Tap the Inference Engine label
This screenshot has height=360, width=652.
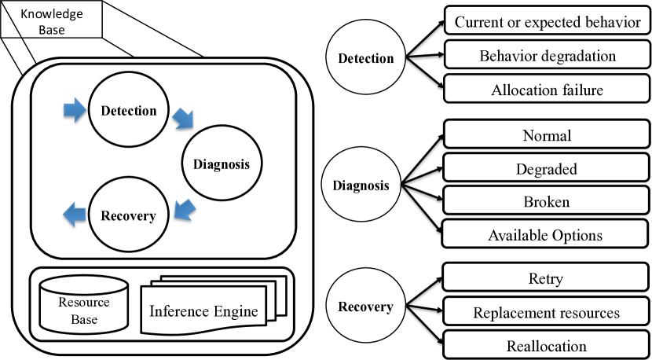point(203,311)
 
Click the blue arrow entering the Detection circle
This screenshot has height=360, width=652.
point(75,110)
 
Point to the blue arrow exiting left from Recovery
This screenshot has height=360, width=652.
point(75,215)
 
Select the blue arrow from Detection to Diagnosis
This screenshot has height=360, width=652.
point(183,118)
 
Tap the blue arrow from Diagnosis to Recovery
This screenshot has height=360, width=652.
point(185,210)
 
